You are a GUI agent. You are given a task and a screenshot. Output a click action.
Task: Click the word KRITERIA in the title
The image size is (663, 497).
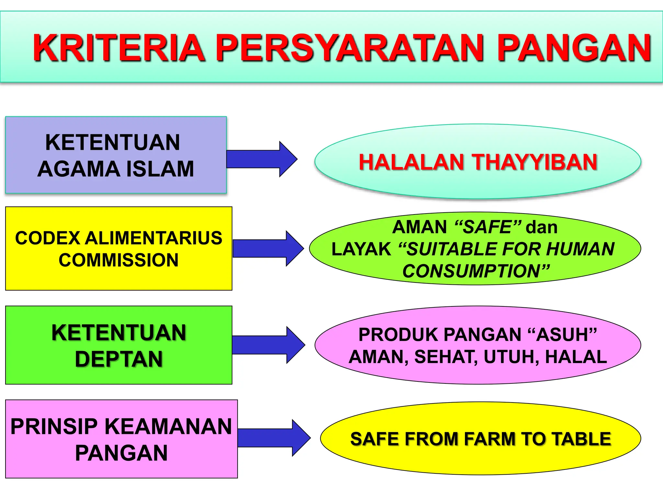tap(119, 48)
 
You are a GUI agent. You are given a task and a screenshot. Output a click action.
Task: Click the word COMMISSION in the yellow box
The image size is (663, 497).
tap(118, 260)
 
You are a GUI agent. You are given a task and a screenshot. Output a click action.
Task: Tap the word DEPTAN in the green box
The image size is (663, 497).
tap(118, 359)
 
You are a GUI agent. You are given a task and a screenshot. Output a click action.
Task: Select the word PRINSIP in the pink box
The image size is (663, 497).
tap(54, 426)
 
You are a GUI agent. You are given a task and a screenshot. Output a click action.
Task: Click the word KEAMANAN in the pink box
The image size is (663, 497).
tap(168, 426)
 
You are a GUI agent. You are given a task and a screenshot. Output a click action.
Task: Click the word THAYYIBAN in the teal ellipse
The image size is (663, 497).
tap(534, 162)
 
